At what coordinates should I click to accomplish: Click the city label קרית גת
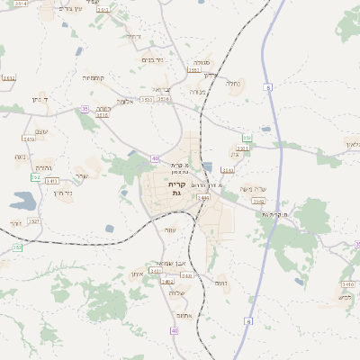coord(175,188)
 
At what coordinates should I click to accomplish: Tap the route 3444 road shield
coord(203,196)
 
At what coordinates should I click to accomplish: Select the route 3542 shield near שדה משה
coord(258,202)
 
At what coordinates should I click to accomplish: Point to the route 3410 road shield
coord(347,284)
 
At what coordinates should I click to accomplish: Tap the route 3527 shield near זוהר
coord(34,220)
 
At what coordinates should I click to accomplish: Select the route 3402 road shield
coord(167,282)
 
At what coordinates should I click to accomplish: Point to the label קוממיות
coord(94,78)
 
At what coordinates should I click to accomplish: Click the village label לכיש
coord(346,296)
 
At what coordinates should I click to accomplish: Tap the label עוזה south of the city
coord(170,229)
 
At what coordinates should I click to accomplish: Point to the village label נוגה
coord(20,157)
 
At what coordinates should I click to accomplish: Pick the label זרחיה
coord(133,36)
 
